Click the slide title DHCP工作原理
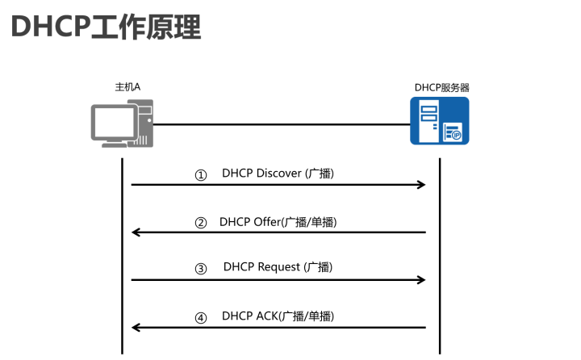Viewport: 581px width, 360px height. [x=106, y=27]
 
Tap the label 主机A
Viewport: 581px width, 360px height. [x=128, y=86]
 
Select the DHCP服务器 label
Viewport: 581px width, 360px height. [x=441, y=86]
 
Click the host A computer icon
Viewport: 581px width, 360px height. [x=121, y=123]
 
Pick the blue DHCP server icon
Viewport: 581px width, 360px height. [x=439, y=120]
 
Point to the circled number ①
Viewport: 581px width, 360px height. [x=201, y=175]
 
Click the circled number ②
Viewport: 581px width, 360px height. [x=201, y=223]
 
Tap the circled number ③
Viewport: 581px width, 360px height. [x=201, y=270]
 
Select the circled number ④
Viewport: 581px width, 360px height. [x=201, y=317]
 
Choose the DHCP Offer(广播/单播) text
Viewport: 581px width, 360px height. [x=278, y=221]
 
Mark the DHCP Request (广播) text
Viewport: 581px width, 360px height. [x=278, y=267]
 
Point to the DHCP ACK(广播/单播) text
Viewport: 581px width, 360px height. [x=278, y=316]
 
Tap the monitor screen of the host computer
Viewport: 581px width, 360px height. [x=112, y=120]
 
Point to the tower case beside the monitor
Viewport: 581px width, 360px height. [x=143, y=123]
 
